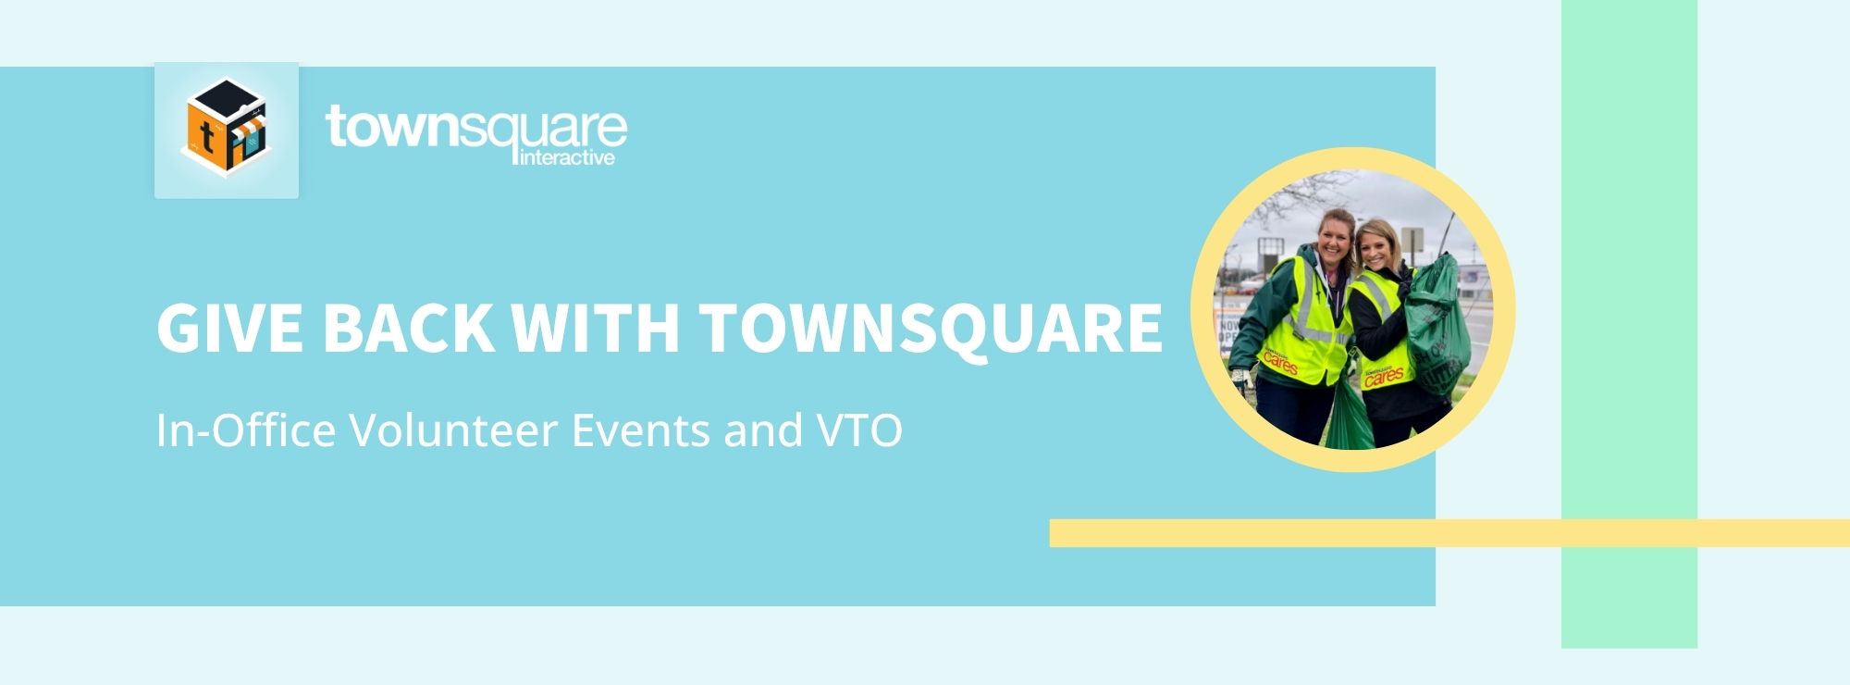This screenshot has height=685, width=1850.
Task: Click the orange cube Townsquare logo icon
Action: click(226, 128)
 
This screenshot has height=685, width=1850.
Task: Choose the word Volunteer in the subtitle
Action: click(453, 430)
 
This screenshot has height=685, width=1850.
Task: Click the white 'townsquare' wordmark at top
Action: click(476, 128)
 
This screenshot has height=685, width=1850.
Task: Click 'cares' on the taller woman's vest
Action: click(1281, 365)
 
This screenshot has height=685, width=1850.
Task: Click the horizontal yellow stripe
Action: click(1449, 533)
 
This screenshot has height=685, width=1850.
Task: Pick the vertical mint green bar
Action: click(1629, 324)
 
